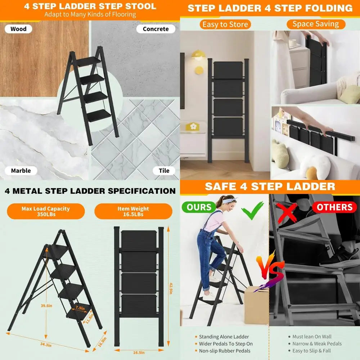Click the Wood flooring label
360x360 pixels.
click(18, 29)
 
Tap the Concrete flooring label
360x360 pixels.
click(156, 29)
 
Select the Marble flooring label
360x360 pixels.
click(21, 171)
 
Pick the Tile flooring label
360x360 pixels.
click(164, 171)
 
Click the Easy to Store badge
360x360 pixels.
click(225, 24)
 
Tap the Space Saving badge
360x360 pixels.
click(316, 24)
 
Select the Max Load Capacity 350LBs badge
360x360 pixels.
click(45, 211)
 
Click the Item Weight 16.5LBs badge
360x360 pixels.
click(133, 211)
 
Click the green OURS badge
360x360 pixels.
click(199, 207)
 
